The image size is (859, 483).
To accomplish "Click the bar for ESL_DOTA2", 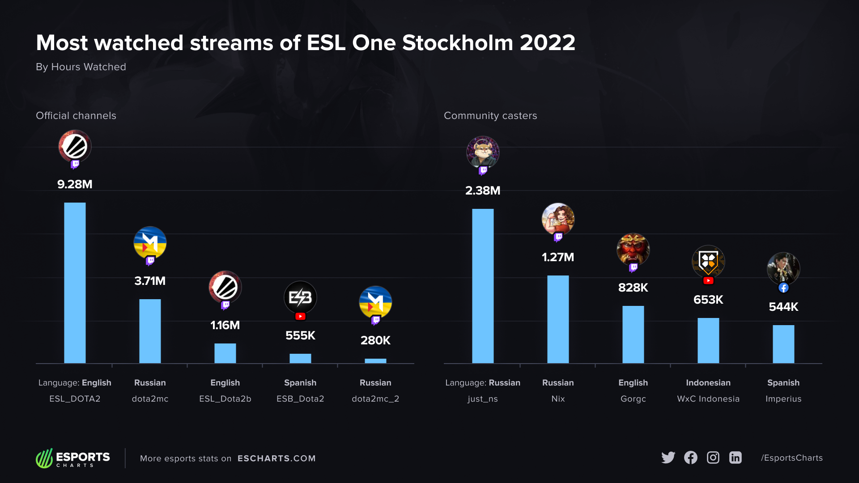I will pos(75,283).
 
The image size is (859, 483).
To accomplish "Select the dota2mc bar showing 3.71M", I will pos(150,331).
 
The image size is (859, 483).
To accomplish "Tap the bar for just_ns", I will pos(483,286).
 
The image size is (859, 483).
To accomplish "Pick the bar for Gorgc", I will pos(633,334).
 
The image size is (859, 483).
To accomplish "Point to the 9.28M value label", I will pos(75,184).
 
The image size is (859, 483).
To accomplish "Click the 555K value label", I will pos(300,335).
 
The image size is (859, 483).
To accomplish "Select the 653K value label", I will pos(708,300).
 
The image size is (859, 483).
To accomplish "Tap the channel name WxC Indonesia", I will pos(708,398).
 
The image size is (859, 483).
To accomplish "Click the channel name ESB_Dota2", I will pos(300,398).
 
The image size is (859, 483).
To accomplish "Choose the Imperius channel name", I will pos(783,398).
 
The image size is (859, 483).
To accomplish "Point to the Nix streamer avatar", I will pos(558,219).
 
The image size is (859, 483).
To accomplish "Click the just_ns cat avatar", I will pos(483,152).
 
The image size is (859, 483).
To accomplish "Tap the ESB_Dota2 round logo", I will pos(300,297).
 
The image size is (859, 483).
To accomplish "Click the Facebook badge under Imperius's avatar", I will pos(783,288).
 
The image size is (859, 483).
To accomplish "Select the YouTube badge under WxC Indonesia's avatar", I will pos(708,281).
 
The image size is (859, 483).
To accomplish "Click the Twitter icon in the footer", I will pos(668,458).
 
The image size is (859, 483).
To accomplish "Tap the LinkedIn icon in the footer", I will pos(736,458).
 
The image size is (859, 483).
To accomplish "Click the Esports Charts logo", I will pos(73,458).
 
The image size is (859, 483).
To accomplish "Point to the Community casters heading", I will pos(490,115).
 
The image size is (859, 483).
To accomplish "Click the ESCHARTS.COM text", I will pos(276,458).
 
